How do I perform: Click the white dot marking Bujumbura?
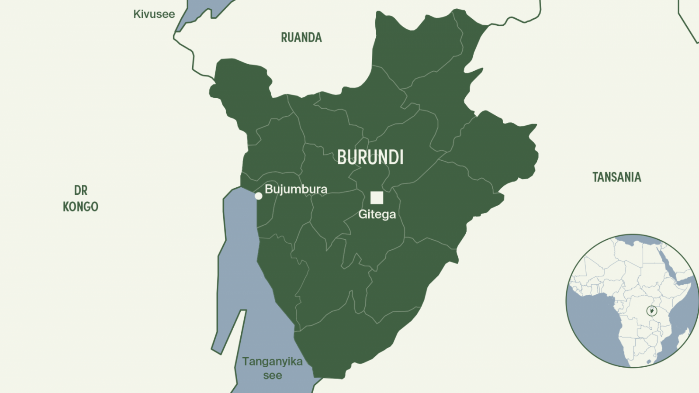click(x=258, y=196)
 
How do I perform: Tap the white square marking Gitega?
click(x=377, y=198)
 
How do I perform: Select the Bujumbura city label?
click(x=296, y=189)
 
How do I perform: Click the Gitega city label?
click(x=377, y=214)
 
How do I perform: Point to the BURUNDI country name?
click(x=370, y=157)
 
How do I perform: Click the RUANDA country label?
click(x=301, y=38)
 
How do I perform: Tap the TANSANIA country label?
click(x=616, y=177)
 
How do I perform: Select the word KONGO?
click(x=80, y=207)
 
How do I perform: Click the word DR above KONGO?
click(x=80, y=190)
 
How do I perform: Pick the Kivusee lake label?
click(x=154, y=14)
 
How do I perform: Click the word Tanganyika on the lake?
click(x=272, y=362)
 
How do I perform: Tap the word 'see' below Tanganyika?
click(x=272, y=376)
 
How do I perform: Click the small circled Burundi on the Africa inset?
click(x=651, y=311)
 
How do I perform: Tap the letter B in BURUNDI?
click(x=342, y=157)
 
